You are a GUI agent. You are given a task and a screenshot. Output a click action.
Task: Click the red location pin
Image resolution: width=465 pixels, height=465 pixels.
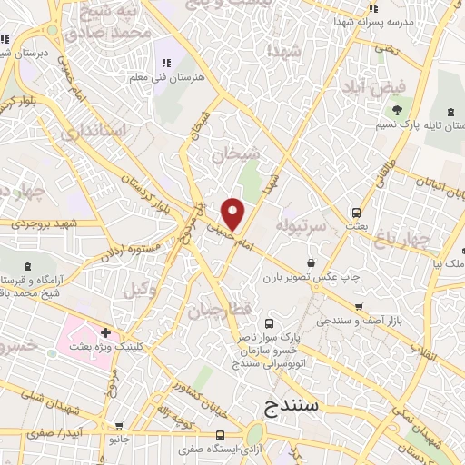tap(233, 213)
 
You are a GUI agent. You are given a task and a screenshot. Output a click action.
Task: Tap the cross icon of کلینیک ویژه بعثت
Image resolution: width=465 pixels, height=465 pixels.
tap(106, 332)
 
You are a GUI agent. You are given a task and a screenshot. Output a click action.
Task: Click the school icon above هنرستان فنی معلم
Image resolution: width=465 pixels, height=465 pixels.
tap(166, 63)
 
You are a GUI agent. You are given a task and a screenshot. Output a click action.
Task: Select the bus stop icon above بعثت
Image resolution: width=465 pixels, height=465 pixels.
tap(357, 213)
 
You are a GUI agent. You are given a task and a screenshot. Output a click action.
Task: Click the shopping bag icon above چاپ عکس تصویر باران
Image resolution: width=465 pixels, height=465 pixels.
tap(311, 262)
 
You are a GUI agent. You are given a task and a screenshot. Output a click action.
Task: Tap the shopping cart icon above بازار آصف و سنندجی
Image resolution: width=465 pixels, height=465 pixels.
tap(360, 306)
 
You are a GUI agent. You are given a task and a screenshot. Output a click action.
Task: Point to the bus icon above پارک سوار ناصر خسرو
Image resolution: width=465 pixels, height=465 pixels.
tap(268, 322)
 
